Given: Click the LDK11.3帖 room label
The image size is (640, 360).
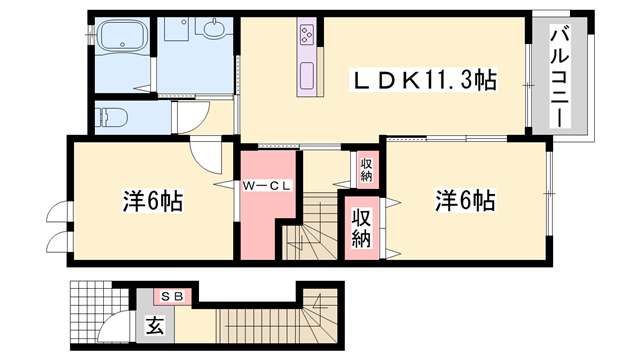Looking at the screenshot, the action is (x=424, y=80).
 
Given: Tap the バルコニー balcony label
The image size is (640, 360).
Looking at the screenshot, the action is (x=560, y=76).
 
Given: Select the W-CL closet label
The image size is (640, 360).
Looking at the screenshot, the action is (x=267, y=186).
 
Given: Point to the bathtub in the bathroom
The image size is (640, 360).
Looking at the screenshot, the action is (x=123, y=36).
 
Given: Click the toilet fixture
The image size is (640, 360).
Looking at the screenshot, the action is (x=111, y=118).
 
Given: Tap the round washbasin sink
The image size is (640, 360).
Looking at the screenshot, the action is (x=213, y=29).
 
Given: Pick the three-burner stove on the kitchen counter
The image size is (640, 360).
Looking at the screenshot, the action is (x=307, y=35).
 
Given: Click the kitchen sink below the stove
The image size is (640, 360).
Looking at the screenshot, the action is (x=307, y=76).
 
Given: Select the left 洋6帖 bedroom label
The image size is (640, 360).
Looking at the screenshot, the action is (x=153, y=200).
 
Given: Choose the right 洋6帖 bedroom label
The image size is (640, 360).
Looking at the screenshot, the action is (x=465, y=200).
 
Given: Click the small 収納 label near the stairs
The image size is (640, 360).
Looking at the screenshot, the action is (x=366, y=170).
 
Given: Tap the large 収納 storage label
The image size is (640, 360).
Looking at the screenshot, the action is (x=361, y=228).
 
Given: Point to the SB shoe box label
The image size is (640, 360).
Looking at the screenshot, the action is (x=172, y=297).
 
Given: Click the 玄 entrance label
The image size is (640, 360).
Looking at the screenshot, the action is (x=155, y=326).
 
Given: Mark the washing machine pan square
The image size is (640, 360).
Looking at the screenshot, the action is (x=176, y=29).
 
